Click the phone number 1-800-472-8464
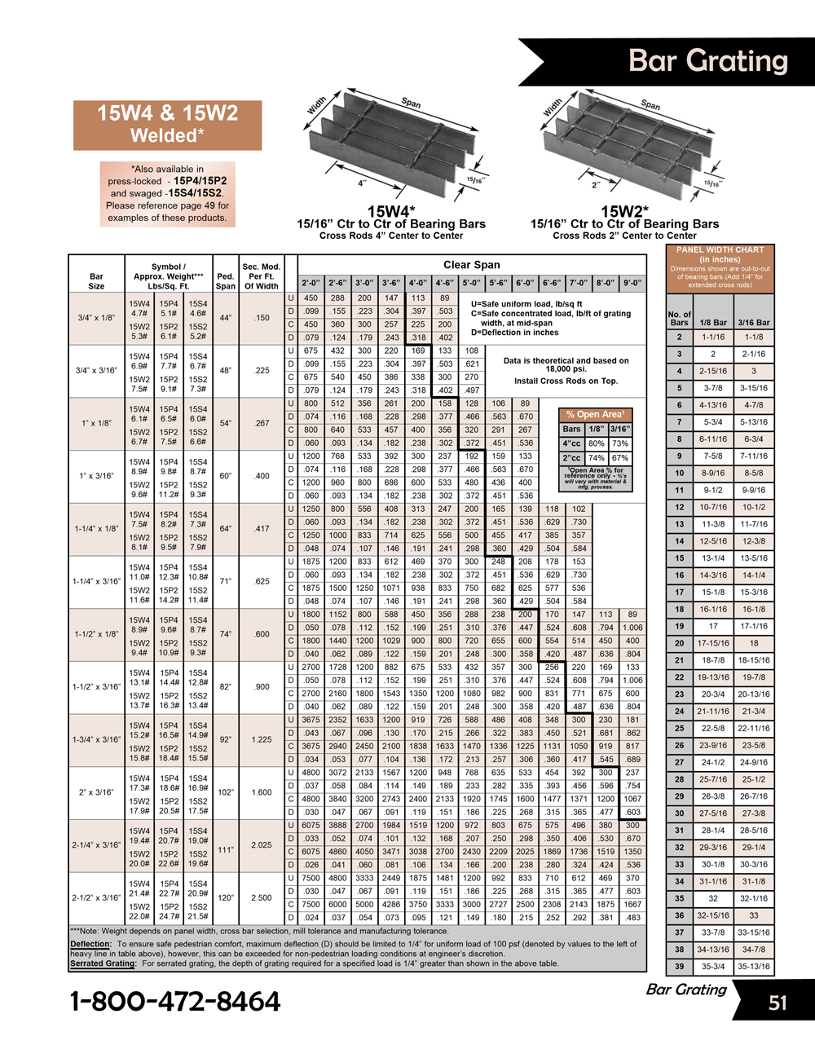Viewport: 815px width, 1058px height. click(x=175, y=1001)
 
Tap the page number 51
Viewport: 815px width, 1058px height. click(x=778, y=1003)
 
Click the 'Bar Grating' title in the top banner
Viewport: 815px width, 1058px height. click(x=708, y=61)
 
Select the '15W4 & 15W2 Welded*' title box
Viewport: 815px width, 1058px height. click(x=167, y=124)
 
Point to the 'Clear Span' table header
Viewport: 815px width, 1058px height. click(x=471, y=265)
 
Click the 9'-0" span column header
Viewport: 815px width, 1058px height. click(x=632, y=284)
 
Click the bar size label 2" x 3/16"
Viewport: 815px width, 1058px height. click(x=96, y=792)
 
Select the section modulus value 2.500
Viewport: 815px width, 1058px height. click(x=262, y=897)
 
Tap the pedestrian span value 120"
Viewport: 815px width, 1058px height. click(x=225, y=897)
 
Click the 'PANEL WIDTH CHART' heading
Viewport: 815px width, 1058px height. click(x=720, y=250)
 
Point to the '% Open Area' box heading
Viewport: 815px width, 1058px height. click(x=595, y=414)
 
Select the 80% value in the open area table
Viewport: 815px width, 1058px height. click(x=597, y=443)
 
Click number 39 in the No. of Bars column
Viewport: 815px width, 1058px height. click(x=679, y=966)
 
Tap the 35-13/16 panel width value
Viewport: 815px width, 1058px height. click(x=753, y=966)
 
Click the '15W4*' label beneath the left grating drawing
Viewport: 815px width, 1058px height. click(x=390, y=212)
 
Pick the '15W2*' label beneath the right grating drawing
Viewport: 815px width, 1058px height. click(x=624, y=212)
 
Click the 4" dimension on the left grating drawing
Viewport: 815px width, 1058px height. click(x=361, y=183)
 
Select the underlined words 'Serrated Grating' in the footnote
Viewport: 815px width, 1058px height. click(x=104, y=963)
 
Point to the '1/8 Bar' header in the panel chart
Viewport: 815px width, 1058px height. click(x=713, y=322)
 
